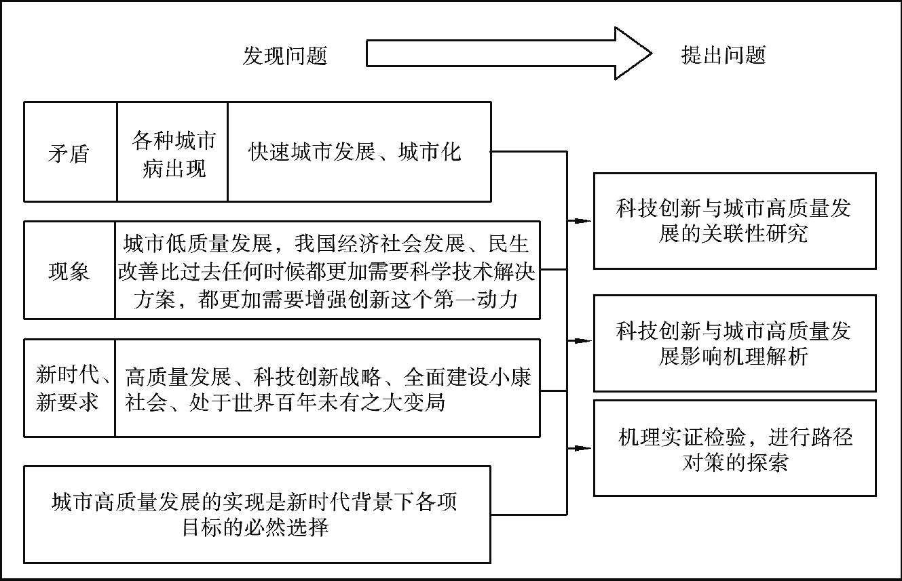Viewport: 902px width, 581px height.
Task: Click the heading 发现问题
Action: (x=285, y=56)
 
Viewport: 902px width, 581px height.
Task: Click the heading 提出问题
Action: (x=724, y=56)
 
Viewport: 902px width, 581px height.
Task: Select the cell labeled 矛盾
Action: (x=70, y=153)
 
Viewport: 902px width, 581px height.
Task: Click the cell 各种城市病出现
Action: (x=172, y=153)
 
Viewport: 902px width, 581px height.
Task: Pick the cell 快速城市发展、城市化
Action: (x=359, y=153)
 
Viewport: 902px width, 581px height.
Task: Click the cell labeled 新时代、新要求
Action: (x=69, y=388)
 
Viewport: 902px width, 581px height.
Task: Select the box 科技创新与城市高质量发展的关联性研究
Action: (x=734, y=221)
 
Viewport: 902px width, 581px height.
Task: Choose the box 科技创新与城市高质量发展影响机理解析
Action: (x=734, y=343)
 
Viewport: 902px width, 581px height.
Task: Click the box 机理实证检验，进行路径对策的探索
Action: (x=734, y=448)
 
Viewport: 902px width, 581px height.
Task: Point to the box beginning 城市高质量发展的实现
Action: (x=257, y=514)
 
